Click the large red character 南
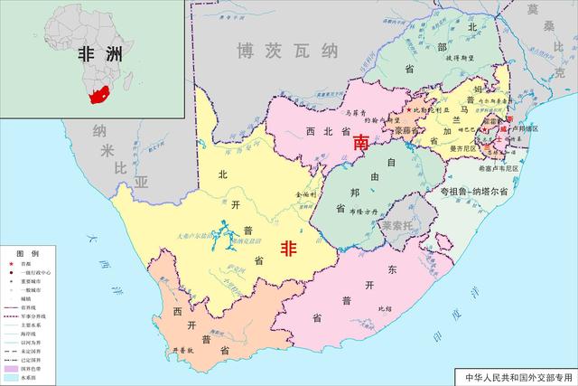click(361, 143)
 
